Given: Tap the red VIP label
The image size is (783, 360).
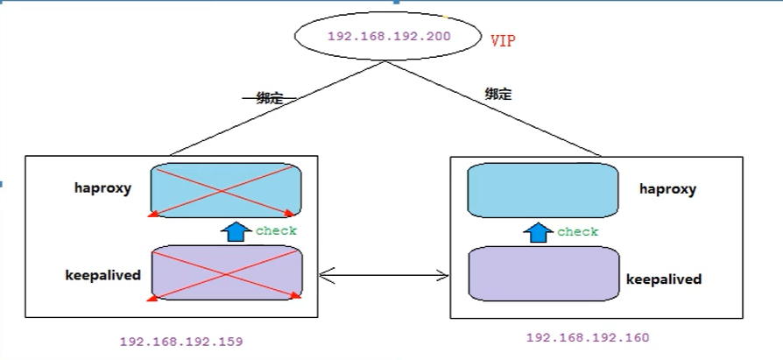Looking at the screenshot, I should click(504, 40).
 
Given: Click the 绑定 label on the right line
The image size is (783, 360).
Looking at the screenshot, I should click(497, 94).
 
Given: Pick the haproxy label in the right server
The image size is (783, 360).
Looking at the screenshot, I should click(667, 188).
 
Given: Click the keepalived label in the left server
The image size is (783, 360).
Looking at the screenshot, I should click(102, 274).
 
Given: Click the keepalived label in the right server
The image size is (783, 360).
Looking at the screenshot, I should click(664, 279).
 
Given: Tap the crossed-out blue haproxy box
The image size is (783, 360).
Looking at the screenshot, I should click(227, 190).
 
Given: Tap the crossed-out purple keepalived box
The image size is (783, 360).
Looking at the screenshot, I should click(227, 273).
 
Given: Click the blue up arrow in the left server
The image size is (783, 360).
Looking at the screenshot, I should click(235, 231).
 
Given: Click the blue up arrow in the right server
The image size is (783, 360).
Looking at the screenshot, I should click(538, 232).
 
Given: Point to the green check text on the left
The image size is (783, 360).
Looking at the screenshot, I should click(276, 231).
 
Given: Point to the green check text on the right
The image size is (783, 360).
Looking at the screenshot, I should click(578, 232).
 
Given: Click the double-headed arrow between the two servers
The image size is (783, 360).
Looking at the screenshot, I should click(384, 276).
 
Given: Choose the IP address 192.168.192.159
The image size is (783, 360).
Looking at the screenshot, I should click(180, 341).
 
